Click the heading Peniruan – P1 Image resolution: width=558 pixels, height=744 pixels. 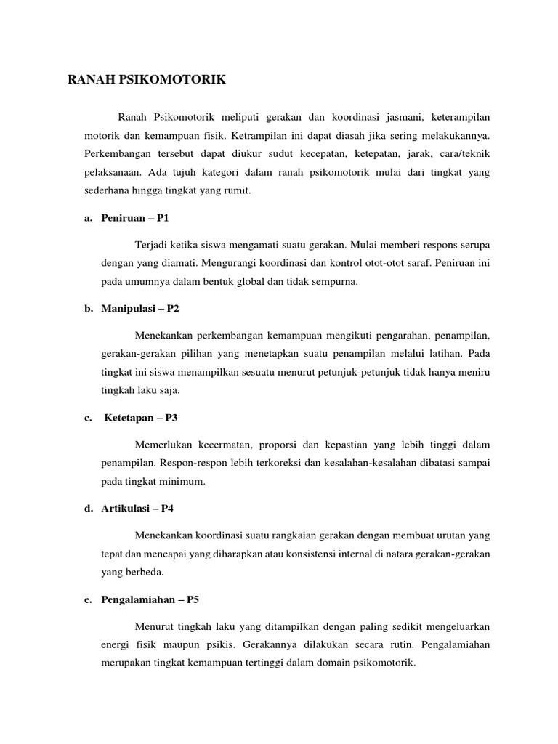point(135,218)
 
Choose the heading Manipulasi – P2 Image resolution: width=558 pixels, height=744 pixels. point(140,308)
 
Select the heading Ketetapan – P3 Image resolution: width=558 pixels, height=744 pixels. point(141,418)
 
